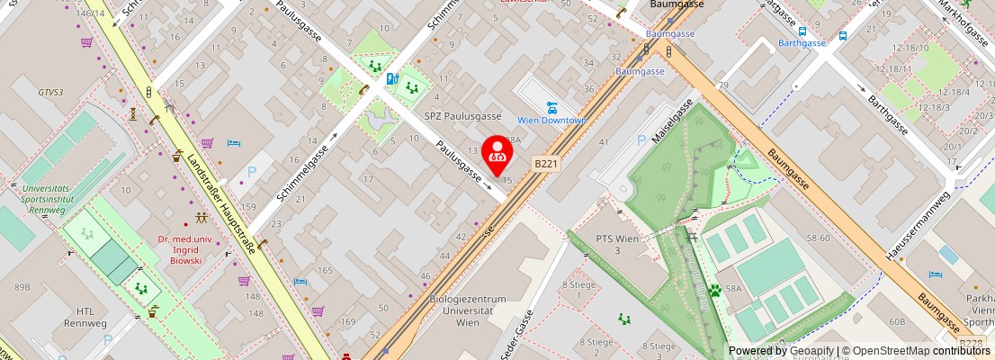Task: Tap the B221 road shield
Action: [x=546, y=164]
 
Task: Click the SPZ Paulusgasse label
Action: [x=463, y=116]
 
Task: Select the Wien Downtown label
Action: [x=551, y=121]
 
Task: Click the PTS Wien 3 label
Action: [x=617, y=244]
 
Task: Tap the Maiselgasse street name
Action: [x=671, y=121]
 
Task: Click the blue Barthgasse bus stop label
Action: [x=802, y=42]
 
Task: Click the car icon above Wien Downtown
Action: [x=551, y=107]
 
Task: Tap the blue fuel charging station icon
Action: [x=391, y=78]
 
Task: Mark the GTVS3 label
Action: [x=50, y=92]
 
